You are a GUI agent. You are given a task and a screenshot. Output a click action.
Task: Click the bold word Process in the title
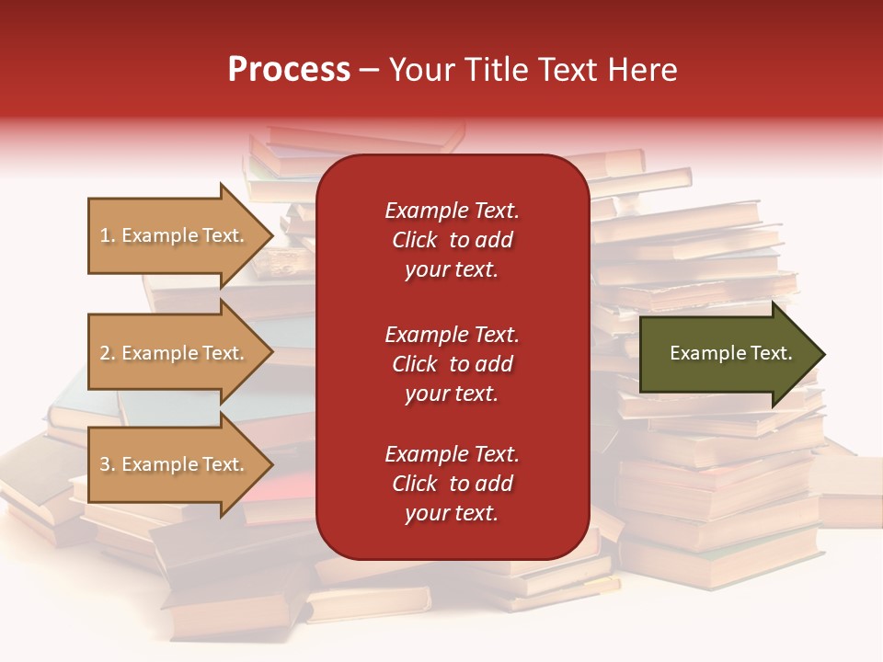(x=289, y=70)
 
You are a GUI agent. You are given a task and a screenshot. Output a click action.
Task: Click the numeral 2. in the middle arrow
(x=108, y=353)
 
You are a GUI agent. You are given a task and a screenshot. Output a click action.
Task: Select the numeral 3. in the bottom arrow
(x=108, y=464)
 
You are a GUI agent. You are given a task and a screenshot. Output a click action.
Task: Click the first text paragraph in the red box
(x=452, y=240)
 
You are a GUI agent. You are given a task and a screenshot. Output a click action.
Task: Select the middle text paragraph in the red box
(x=452, y=364)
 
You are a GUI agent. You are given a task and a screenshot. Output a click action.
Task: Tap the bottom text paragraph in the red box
(x=452, y=484)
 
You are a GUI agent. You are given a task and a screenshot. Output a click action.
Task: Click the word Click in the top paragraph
(x=414, y=240)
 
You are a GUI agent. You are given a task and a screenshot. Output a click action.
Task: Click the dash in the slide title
(x=370, y=70)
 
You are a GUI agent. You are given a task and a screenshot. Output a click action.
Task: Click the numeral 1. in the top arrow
(x=108, y=235)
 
